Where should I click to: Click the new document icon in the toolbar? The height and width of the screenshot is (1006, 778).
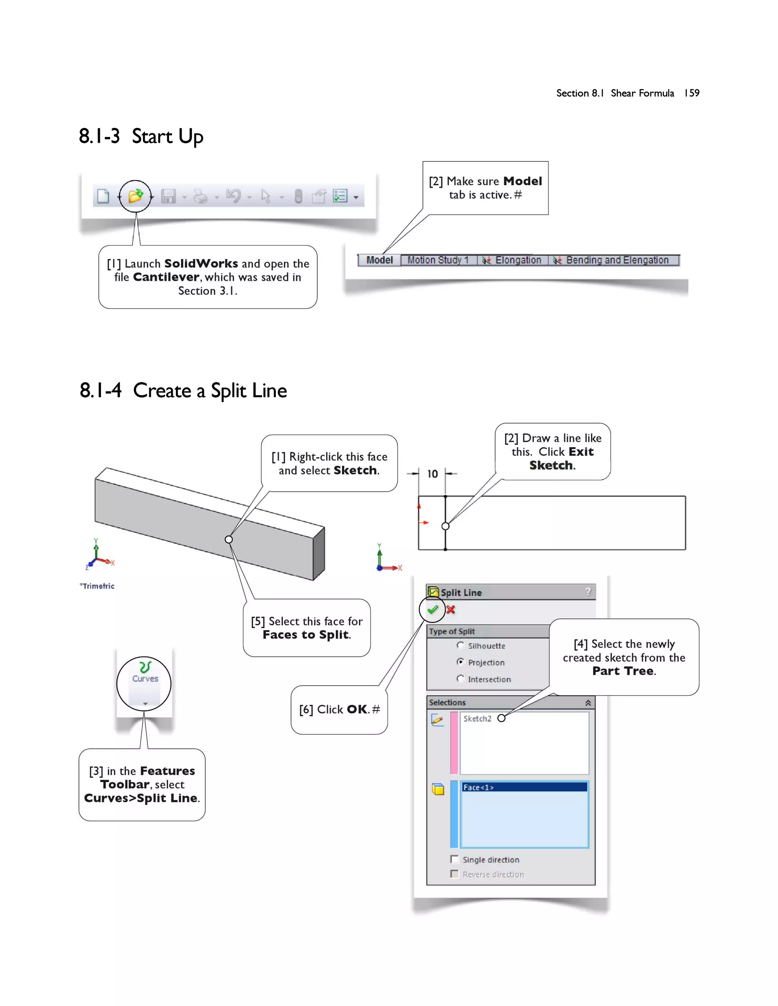pyautogui.click(x=103, y=196)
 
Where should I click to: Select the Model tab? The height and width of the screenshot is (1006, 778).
pyautogui.click(x=380, y=260)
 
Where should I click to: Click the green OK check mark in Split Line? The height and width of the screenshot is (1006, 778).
pyautogui.click(x=432, y=610)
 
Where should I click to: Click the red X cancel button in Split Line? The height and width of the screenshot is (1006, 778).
pyautogui.click(x=451, y=610)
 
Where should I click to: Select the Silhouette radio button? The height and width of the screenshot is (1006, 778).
pyautogui.click(x=460, y=645)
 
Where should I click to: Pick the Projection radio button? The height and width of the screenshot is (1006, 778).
pyautogui.click(x=460, y=662)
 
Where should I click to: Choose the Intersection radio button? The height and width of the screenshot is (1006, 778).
pyautogui.click(x=460, y=678)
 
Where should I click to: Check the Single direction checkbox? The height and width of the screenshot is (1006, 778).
pyautogui.click(x=454, y=859)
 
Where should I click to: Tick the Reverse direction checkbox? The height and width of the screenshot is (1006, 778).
pyautogui.click(x=454, y=874)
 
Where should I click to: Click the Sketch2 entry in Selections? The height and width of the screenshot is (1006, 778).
pyautogui.click(x=477, y=719)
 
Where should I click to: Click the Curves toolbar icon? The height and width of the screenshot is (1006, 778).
pyautogui.click(x=145, y=672)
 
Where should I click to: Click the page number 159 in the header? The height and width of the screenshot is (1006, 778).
pyautogui.click(x=691, y=93)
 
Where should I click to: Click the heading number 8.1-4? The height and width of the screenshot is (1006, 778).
pyautogui.click(x=100, y=391)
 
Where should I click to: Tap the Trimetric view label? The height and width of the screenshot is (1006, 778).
pyautogui.click(x=98, y=586)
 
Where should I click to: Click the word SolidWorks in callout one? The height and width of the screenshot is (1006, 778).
pyautogui.click(x=201, y=263)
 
